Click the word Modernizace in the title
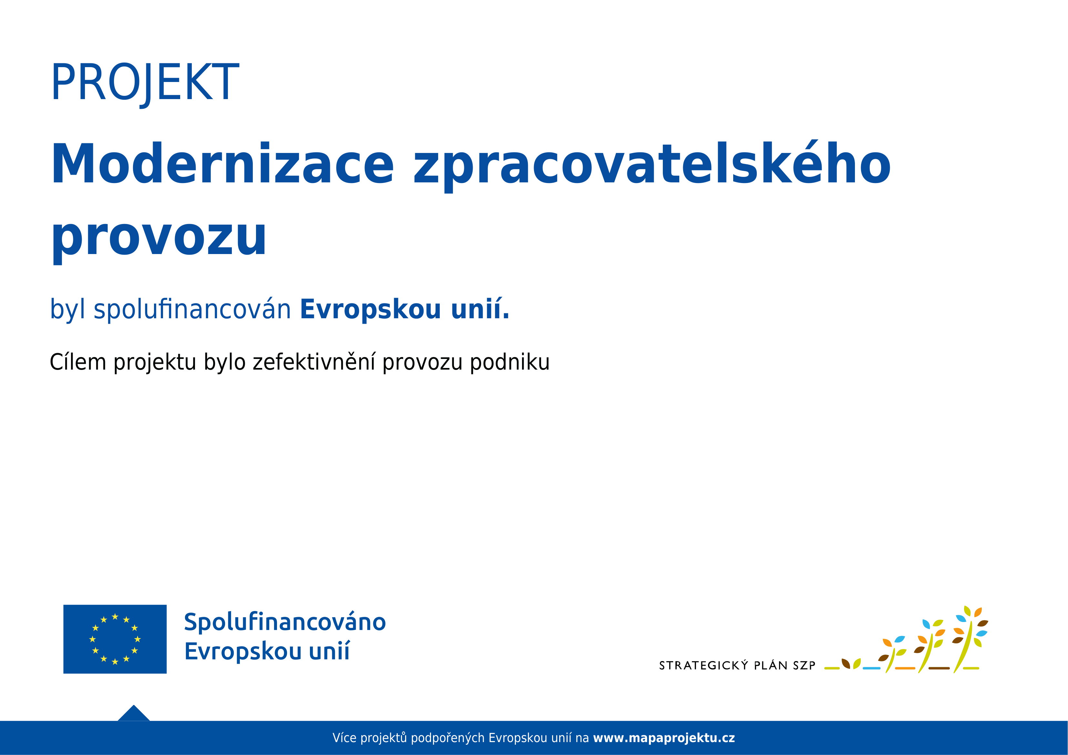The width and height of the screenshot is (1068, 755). [222, 163]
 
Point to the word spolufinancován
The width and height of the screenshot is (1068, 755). [192, 309]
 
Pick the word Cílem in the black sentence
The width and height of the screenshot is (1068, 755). [78, 362]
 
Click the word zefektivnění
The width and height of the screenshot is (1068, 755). [314, 362]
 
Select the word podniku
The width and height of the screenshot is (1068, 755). [510, 362]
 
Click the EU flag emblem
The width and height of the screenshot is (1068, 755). [115, 639]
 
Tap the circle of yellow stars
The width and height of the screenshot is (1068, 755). [115, 639]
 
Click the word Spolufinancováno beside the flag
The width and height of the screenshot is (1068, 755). [285, 622]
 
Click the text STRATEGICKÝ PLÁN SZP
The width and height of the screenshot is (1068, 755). [737, 665]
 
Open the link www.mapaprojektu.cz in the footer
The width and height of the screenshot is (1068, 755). [664, 738]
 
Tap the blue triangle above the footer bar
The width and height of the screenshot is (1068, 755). [134, 713]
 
